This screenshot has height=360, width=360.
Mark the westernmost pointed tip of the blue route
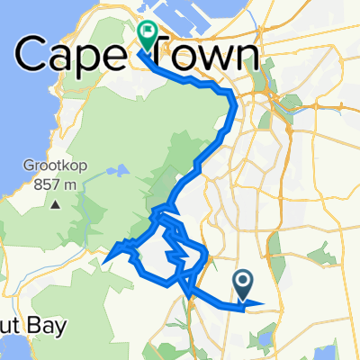[x=106, y=264]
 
